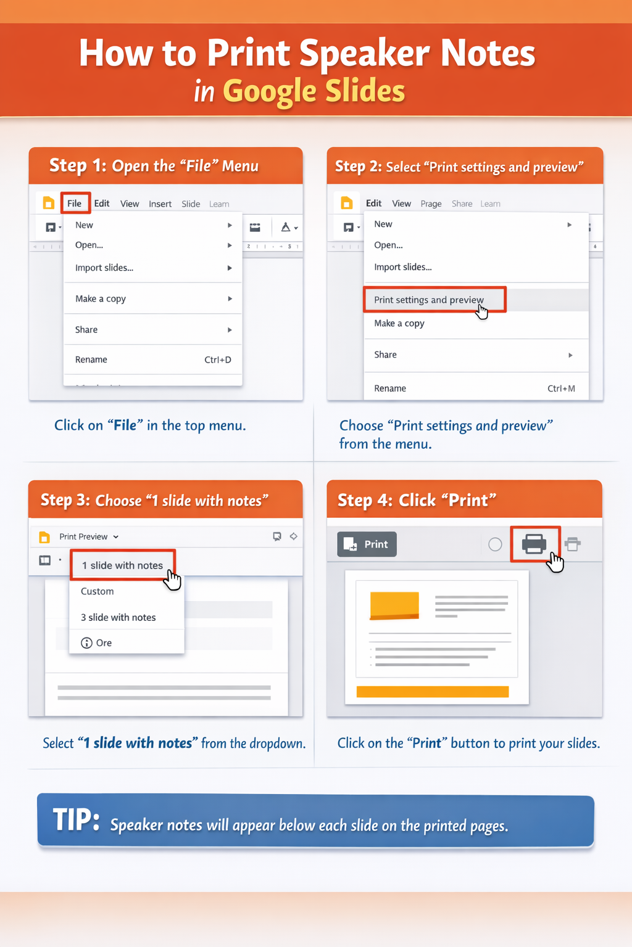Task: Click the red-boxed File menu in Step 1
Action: [75, 203]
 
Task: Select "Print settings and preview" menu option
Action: [429, 300]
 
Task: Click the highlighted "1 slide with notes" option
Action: [123, 565]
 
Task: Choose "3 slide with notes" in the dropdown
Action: [118, 617]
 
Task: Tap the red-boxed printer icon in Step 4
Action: [534, 544]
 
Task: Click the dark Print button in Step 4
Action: [367, 544]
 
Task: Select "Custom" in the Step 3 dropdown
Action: [98, 591]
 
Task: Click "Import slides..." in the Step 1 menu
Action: [104, 268]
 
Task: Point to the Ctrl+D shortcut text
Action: [218, 359]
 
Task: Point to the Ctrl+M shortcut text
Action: [561, 388]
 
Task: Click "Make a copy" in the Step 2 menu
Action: [399, 323]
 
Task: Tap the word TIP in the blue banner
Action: [75, 821]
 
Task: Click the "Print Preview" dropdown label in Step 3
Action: [84, 536]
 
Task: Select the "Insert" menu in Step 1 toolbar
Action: [160, 204]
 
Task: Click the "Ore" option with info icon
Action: [103, 643]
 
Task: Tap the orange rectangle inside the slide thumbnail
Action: [394, 605]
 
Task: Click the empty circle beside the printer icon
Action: [495, 544]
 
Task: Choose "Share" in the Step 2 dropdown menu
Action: [386, 355]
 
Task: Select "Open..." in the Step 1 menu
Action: [89, 245]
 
